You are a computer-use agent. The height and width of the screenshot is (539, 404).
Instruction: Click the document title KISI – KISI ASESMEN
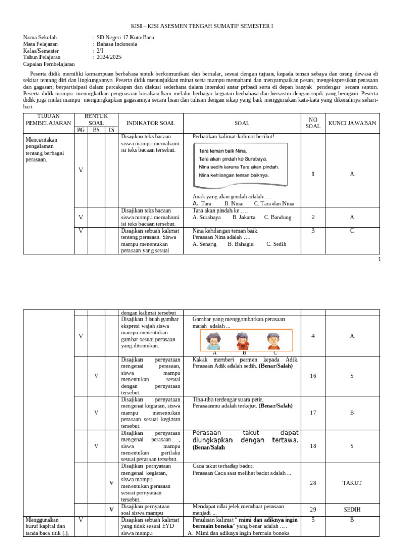coord(201,26)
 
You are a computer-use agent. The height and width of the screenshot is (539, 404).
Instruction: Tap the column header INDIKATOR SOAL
coord(150,123)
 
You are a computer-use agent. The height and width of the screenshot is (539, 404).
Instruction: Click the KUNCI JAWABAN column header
coord(352,123)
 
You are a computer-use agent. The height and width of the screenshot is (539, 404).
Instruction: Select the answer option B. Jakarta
coord(244,217)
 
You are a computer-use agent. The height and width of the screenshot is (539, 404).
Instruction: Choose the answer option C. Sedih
coord(276,244)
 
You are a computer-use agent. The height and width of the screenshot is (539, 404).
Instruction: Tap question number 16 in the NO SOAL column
coord(312,376)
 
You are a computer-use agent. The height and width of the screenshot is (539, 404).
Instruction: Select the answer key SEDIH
coord(352,510)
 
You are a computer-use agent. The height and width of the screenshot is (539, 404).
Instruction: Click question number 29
coord(312,510)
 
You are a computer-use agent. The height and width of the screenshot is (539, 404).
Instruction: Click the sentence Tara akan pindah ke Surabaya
coord(233,158)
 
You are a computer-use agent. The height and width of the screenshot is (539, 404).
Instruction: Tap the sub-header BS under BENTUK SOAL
coord(96,130)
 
